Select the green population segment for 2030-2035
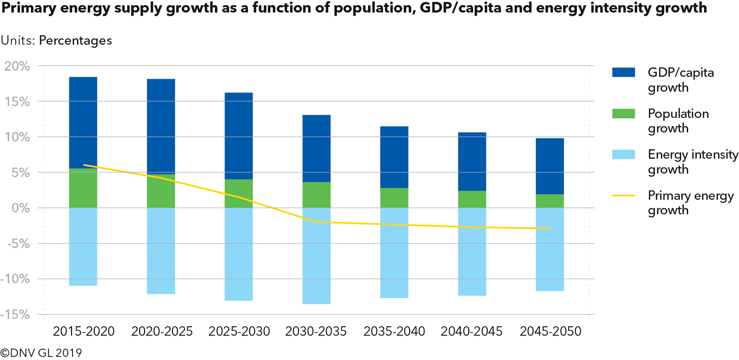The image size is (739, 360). pos(316,195)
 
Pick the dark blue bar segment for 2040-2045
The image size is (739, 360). pos(472,162)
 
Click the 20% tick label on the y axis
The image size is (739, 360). pos(17,66)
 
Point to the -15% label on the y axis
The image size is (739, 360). pos(15,315)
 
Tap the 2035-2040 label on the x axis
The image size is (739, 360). pos(394,331)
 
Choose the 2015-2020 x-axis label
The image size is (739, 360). pos(84,331)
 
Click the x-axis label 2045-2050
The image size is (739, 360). pos(550,331)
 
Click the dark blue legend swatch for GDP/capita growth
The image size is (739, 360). pos(624,73)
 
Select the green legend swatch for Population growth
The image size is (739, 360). pos(624,114)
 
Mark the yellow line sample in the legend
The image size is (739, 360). pos(624,196)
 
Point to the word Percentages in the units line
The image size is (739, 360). pos(75,41)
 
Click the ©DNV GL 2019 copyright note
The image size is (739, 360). pos(41,353)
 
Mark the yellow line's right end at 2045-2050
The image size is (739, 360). pos(550,228)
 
